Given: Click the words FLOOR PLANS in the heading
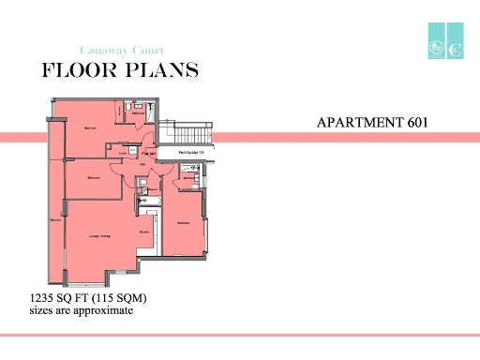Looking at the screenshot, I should pyautogui.click(x=119, y=70).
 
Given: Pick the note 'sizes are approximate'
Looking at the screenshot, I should pyautogui.click(x=82, y=311).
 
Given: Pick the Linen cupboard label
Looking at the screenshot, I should pyautogui.click(x=123, y=151).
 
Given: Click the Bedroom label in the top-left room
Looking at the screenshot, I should pyautogui.click(x=91, y=127).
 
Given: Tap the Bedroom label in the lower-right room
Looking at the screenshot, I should pyautogui.click(x=184, y=222).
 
